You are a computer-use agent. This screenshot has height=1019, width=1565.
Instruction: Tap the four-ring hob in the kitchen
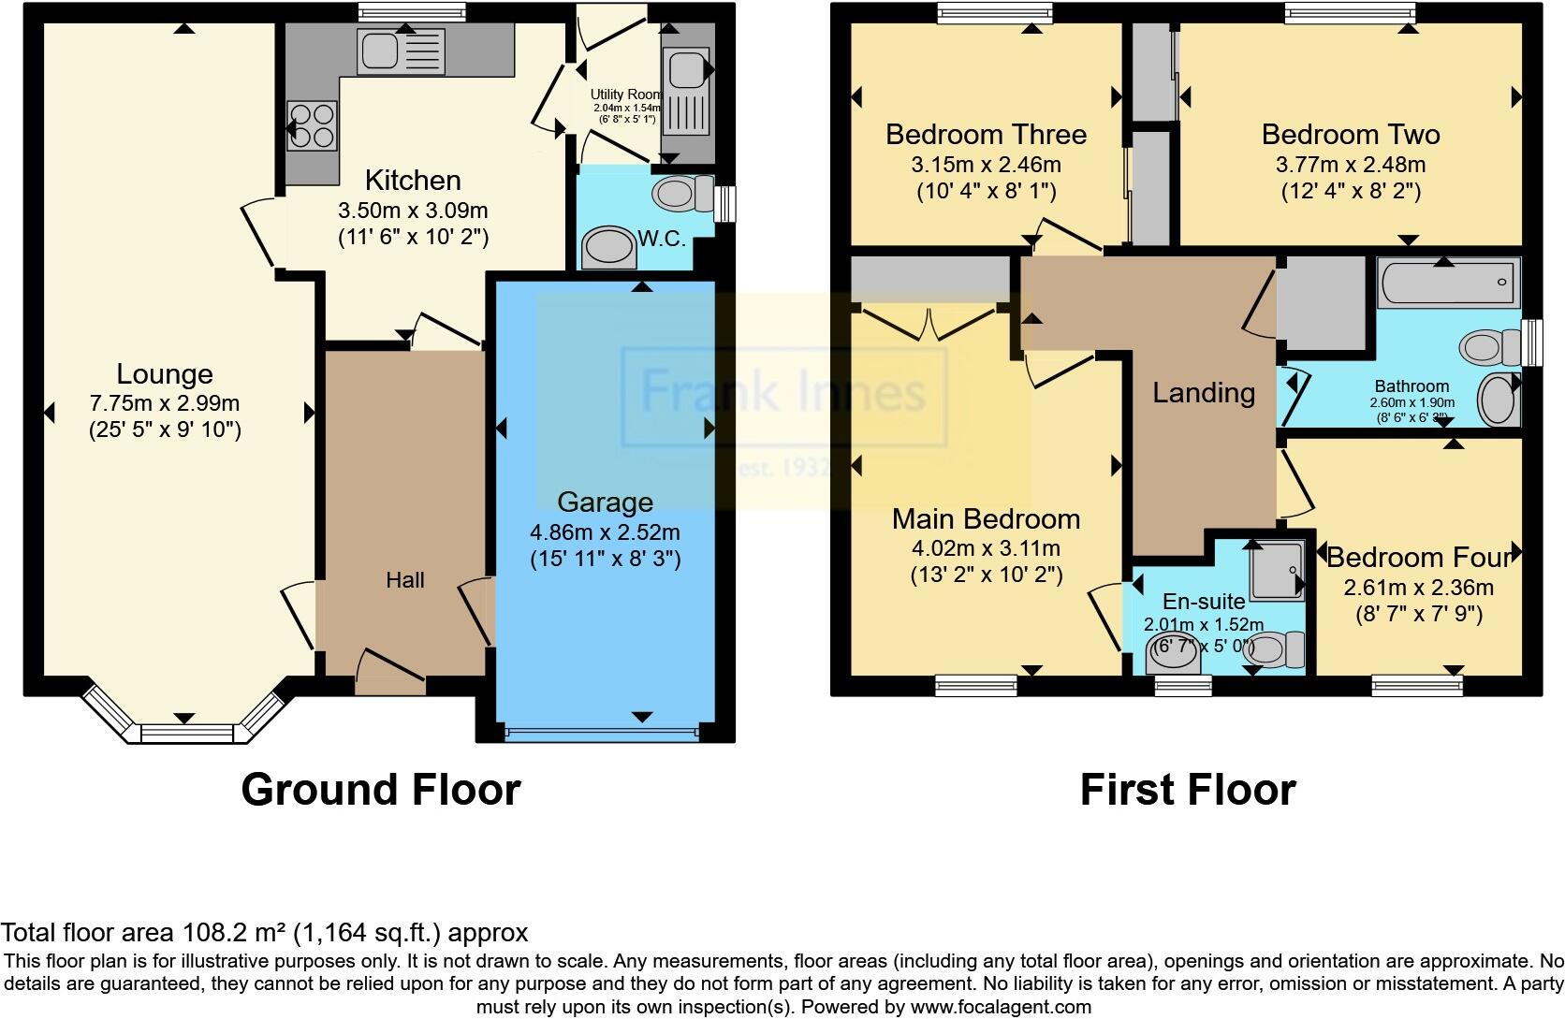[312, 125]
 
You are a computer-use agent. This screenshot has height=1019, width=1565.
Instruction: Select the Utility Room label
[625, 95]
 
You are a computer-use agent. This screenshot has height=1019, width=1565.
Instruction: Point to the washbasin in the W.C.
[608, 248]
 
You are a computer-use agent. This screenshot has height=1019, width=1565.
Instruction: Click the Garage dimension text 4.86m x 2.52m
[605, 532]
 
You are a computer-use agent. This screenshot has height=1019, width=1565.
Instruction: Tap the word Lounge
[165, 374]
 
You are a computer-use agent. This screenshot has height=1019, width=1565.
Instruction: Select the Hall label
[405, 580]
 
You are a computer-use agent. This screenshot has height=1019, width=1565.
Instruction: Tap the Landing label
[1204, 392]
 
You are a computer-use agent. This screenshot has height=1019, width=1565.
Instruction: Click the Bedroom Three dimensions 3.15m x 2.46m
[986, 165]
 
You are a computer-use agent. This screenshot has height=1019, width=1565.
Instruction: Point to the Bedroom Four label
[1419, 558]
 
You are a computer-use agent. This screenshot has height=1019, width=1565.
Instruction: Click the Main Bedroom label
[986, 518]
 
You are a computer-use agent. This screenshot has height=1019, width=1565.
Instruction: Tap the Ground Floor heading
[380, 790]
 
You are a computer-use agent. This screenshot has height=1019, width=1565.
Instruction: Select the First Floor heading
[1187, 790]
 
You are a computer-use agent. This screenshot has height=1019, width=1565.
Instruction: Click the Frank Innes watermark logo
[783, 392]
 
